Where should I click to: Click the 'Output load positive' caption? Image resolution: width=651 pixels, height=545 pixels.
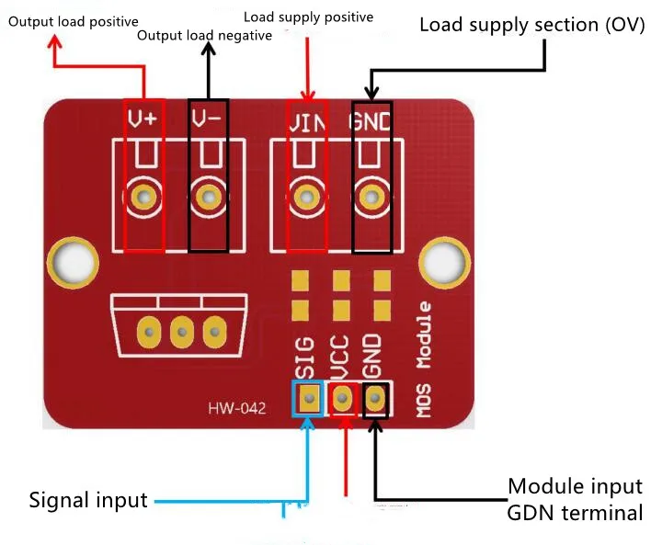[74, 20]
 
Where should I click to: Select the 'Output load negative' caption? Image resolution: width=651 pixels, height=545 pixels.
[204, 36]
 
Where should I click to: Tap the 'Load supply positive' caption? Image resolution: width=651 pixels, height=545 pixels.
[308, 17]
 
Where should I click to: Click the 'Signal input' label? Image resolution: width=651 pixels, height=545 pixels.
[88, 501]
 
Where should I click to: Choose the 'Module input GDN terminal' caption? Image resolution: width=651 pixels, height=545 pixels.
[575, 499]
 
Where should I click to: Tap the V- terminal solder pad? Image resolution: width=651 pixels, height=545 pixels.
[209, 195]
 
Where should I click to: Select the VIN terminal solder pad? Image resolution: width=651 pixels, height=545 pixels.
[304, 195]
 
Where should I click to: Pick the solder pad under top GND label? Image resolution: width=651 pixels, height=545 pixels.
[371, 195]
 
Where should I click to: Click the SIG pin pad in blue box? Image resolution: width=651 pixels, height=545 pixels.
[309, 398]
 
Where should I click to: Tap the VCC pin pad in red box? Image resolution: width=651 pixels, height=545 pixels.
[343, 398]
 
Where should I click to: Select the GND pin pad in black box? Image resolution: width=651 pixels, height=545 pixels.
[376, 398]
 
